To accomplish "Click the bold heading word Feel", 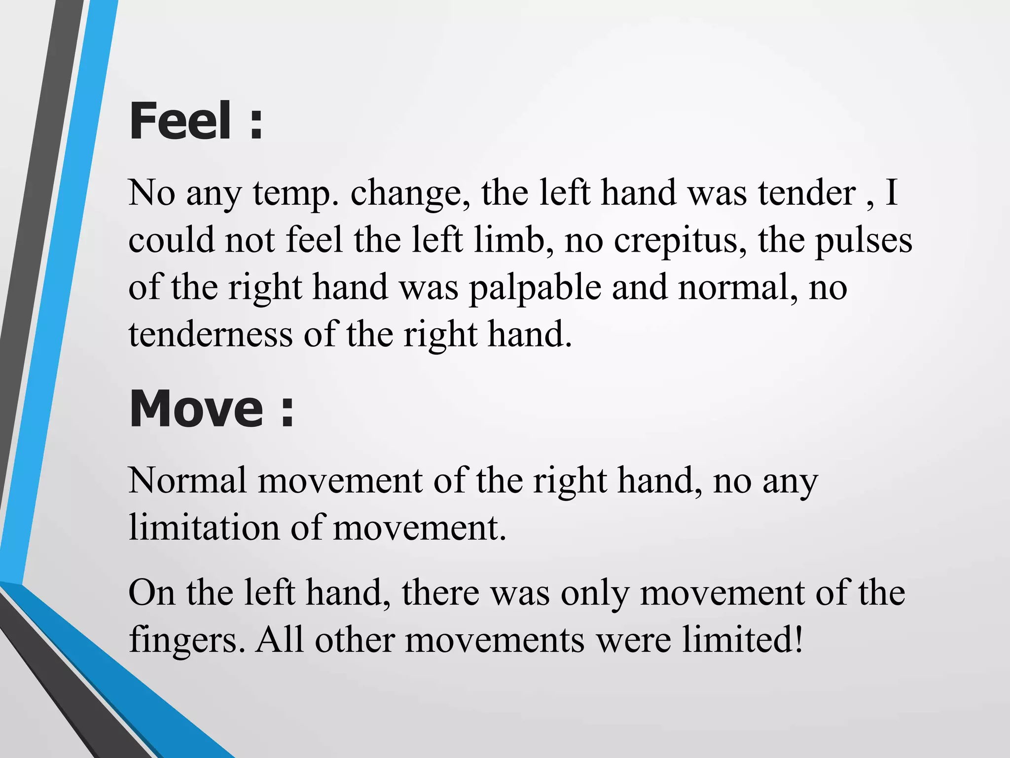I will pyautogui.click(x=180, y=121).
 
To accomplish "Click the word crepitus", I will pyautogui.click(x=681, y=241).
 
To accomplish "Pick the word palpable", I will pyautogui.click(x=535, y=288).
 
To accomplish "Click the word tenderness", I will pyautogui.click(x=211, y=335).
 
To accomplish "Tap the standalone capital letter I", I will pyautogui.click(x=891, y=192).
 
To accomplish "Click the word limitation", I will pyautogui.click(x=204, y=527).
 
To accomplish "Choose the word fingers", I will pyautogui.click(x=187, y=641).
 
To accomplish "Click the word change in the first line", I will pyautogui.click(x=411, y=193).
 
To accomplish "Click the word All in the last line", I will pyautogui.click(x=279, y=640).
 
